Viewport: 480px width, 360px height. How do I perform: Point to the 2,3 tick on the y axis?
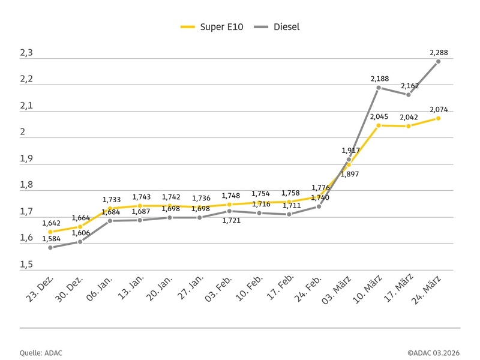pos(26,53)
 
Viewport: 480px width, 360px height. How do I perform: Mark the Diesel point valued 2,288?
pos(439,61)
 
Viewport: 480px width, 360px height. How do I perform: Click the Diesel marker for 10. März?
pos(379,88)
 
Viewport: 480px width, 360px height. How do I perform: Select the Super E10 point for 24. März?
pos(439,118)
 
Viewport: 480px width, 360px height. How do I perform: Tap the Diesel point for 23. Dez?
pos(50,247)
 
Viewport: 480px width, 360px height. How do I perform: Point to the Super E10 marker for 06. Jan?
pos(110,208)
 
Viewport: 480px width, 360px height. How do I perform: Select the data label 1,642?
pos(51,223)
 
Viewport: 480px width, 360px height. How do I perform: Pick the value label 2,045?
pos(379,116)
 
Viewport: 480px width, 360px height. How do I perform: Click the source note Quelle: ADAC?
pos(41,353)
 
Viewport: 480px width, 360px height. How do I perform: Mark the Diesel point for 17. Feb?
pos(289,214)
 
